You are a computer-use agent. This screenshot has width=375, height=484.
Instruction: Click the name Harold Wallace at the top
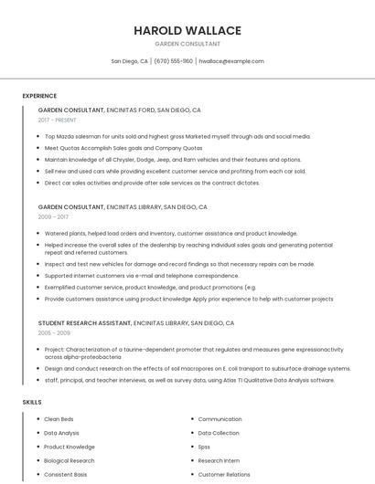point(187,30)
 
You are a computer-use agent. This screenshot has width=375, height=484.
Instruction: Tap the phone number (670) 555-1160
point(173,61)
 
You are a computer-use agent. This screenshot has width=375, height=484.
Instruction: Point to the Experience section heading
point(39,96)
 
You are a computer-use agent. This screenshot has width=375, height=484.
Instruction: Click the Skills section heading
point(32,402)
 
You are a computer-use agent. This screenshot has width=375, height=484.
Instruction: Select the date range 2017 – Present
point(59,120)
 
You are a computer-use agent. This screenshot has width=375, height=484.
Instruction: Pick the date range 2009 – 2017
point(53,217)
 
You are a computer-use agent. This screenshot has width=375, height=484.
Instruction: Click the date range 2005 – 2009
point(53,333)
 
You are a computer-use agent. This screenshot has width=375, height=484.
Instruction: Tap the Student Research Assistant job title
point(84,323)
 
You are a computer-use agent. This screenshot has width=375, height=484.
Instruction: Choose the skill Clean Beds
point(59,419)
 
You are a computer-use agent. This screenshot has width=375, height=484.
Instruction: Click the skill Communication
point(220,419)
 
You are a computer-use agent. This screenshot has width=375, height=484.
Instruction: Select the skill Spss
point(204,447)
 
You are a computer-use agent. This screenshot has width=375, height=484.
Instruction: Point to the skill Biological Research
point(69,461)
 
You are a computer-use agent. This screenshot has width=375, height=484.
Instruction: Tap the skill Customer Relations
point(223,475)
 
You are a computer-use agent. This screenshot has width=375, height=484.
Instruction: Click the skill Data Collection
point(219,433)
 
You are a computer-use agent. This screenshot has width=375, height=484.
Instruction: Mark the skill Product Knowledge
point(70,447)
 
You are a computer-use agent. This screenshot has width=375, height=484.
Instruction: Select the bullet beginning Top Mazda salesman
point(165,136)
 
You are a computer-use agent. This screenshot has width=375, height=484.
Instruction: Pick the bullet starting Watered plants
point(171,233)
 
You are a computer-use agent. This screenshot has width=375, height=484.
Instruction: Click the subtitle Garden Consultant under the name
point(187,44)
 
